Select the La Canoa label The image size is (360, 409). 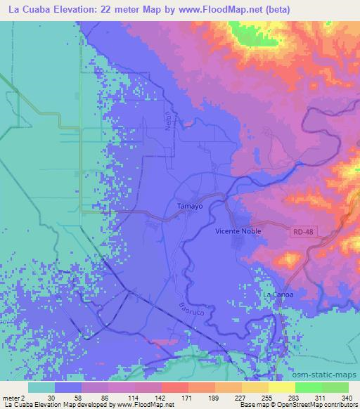(278, 294)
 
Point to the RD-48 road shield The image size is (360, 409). (302, 230)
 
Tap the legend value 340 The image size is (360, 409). (345, 398)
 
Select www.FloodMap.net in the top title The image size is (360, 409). (217, 10)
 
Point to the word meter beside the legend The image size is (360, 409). (13, 398)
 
